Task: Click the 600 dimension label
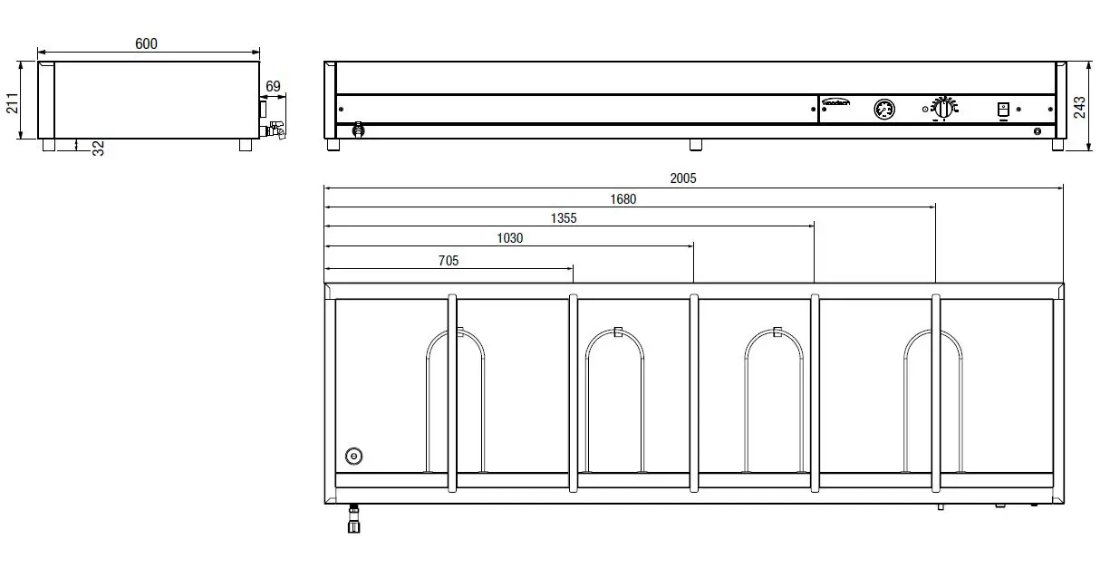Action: click(x=146, y=43)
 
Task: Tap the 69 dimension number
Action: click(x=273, y=87)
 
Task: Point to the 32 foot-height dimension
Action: click(x=99, y=148)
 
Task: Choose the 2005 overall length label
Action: click(x=683, y=178)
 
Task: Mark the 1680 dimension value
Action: click(x=623, y=199)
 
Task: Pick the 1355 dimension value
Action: click(x=563, y=218)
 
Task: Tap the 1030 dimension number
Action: click(x=509, y=238)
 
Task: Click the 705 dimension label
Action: click(x=449, y=261)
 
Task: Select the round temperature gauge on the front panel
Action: click(x=884, y=110)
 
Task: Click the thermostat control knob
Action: click(x=944, y=108)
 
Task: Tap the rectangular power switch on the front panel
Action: click(x=1002, y=110)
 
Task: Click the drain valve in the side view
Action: click(x=274, y=130)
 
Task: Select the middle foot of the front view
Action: click(x=695, y=144)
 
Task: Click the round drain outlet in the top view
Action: click(x=353, y=457)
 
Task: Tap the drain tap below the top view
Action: click(x=353, y=522)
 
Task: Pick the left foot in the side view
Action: click(x=48, y=144)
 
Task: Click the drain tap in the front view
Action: click(x=358, y=130)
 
